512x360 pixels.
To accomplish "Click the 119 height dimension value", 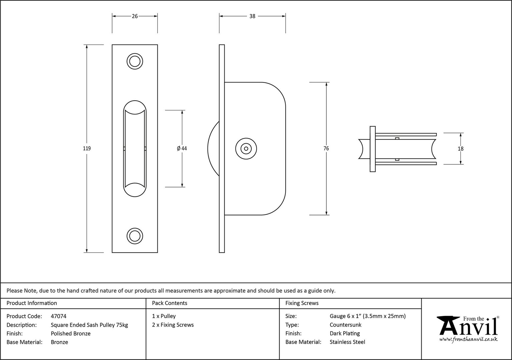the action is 87,149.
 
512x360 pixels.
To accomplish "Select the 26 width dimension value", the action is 135,16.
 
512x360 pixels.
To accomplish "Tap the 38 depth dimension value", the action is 252,16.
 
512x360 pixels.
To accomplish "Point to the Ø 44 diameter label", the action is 182,149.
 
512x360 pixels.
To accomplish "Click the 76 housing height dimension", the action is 326,149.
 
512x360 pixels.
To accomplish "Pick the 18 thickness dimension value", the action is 461,149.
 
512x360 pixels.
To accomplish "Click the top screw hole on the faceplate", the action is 135,61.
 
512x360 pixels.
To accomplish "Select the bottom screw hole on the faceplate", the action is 135,236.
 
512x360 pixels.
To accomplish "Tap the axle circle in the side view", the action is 246,149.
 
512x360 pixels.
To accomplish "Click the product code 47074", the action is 59,316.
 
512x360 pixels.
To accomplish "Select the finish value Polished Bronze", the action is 71,333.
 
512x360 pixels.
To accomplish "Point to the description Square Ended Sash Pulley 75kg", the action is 89,325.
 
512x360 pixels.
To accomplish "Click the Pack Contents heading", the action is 170,303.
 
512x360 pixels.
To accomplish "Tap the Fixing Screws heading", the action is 302,303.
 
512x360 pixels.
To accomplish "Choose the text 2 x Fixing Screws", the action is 173,325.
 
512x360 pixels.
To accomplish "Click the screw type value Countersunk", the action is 346,325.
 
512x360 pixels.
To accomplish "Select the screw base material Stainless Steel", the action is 347,342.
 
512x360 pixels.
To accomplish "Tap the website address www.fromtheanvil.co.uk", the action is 468,340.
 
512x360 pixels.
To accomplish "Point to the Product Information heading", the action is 32,303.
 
